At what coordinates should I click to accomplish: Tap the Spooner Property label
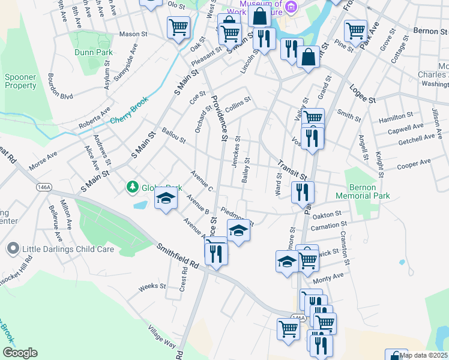pos(21,81)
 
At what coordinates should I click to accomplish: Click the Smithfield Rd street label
pos(178,255)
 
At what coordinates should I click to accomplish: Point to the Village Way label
pos(161,337)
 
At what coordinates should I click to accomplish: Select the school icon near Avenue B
pos(165,198)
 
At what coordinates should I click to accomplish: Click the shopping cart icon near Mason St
pos(178,27)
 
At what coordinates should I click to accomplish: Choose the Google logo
pos(20,353)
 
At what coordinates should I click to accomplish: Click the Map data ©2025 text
pos(423,355)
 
